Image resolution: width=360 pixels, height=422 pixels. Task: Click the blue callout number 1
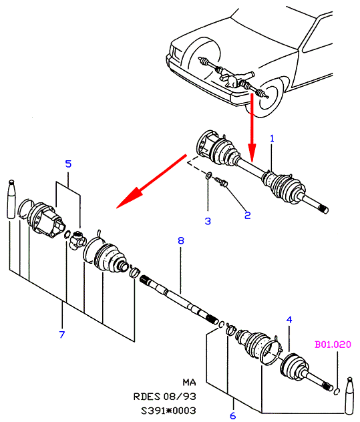(272, 139)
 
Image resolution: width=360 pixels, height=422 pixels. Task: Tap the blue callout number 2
(247, 215)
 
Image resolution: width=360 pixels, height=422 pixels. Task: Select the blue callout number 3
(208, 221)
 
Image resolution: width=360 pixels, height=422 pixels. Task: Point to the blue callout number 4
(289, 320)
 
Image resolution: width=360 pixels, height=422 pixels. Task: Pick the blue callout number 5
(68, 164)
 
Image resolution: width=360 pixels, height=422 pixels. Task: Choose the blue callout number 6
(233, 415)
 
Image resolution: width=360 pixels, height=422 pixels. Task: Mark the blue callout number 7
(62, 335)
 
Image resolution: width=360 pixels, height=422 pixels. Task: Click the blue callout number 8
(181, 240)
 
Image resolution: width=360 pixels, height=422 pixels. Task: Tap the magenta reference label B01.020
(333, 345)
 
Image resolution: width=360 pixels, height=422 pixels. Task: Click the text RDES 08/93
(165, 397)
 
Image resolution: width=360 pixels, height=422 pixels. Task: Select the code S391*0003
(168, 411)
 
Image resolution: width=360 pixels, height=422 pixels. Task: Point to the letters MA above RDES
(189, 382)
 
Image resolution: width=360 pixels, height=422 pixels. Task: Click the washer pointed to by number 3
(208, 176)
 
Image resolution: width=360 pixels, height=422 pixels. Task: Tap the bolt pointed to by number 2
(222, 182)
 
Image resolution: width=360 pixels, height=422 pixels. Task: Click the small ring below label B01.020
(337, 391)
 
